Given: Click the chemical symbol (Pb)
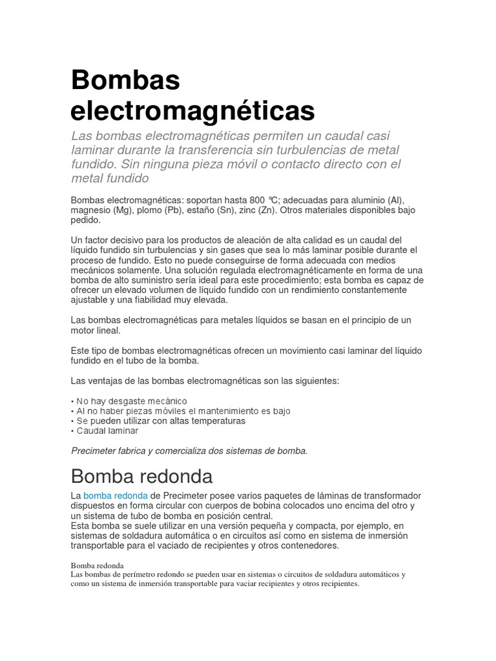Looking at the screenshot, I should (x=172, y=210).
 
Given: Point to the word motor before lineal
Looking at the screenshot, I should (x=84, y=330).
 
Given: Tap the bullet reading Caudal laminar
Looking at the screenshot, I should (x=107, y=431).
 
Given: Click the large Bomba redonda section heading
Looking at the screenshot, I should (x=141, y=476).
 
